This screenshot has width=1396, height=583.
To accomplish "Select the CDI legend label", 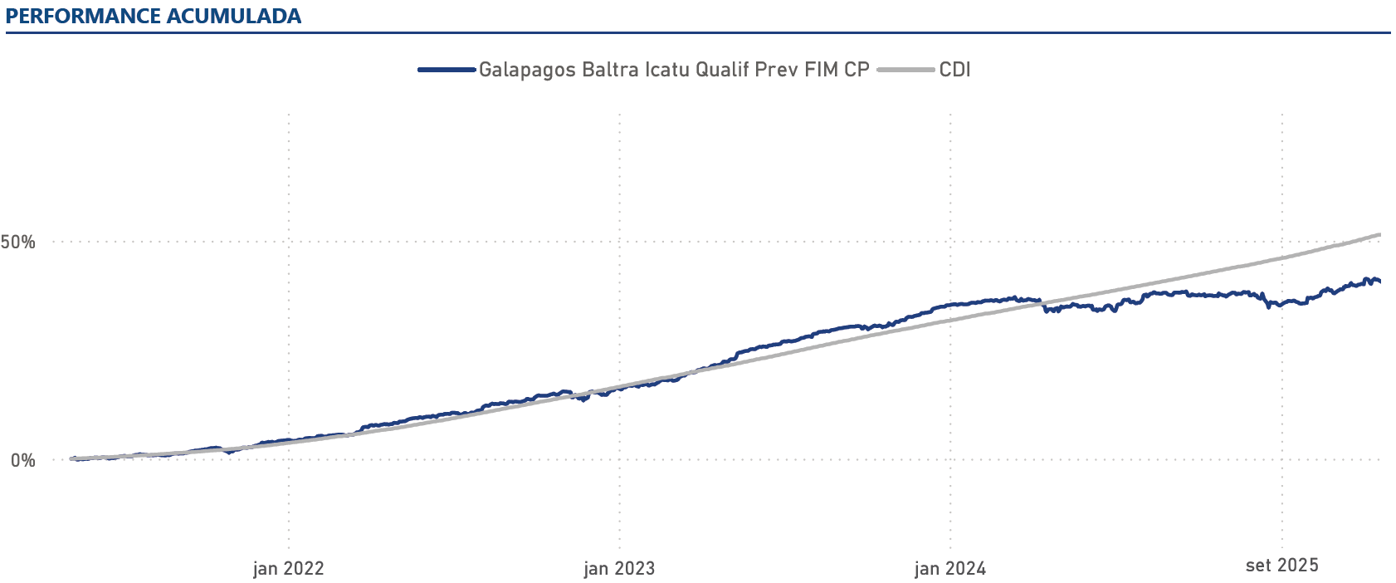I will pyautogui.click(x=954, y=70).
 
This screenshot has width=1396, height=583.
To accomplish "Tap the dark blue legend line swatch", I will pyautogui.click(x=447, y=70).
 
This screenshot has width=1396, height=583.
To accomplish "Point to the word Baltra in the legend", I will pyautogui.click(x=611, y=70).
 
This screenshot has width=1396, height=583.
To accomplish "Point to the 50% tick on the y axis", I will pyautogui.click(x=18, y=243).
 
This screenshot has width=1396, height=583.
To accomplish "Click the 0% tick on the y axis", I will pyautogui.click(x=23, y=460).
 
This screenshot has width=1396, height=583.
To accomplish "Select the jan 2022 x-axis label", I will pyautogui.click(x=288, y=568).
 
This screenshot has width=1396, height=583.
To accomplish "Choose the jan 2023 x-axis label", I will pyautogui.click(x=619, y=568).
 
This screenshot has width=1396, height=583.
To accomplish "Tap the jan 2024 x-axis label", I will pyautogui.click(x=950, y=568).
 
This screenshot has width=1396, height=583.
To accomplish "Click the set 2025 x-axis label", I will pyautogui.click(x=1281, y=566).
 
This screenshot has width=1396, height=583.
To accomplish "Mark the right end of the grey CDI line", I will pyautogui.click(x=1379, y=235).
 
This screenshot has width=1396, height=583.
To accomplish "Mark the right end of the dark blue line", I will pyautogui.click(x=1379, y=282).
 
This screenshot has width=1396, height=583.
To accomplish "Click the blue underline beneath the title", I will pyautogui.click(x=697, y=33).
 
